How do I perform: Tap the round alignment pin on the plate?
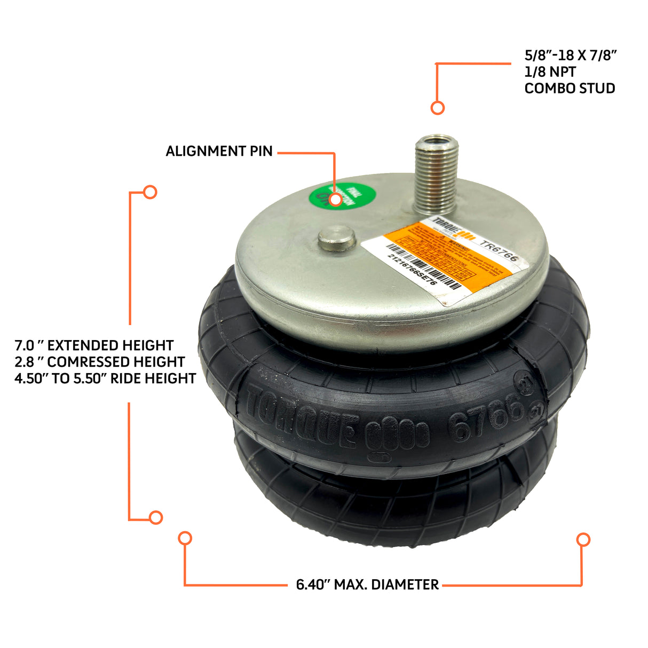tap(337, 239)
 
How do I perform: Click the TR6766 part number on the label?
tap(499, 251)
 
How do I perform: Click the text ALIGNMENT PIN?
tap(219, 151)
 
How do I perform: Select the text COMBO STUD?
tap(570, 88)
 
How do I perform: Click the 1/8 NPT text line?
tap(550, 72)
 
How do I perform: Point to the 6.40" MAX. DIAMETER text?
tap(367, 584)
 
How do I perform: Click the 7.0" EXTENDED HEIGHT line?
tap(94, 345)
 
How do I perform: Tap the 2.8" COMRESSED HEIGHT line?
tap(100, 362)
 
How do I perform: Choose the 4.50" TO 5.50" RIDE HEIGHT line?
tap(105, 378)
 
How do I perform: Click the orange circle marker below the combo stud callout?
tap(438, 108)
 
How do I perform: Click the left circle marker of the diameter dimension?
tap(185, 538)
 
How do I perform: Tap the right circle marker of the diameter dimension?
tap(583, 539)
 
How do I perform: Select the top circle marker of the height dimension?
tap(150, 192)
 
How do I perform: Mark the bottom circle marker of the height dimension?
tap(156, 517)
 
